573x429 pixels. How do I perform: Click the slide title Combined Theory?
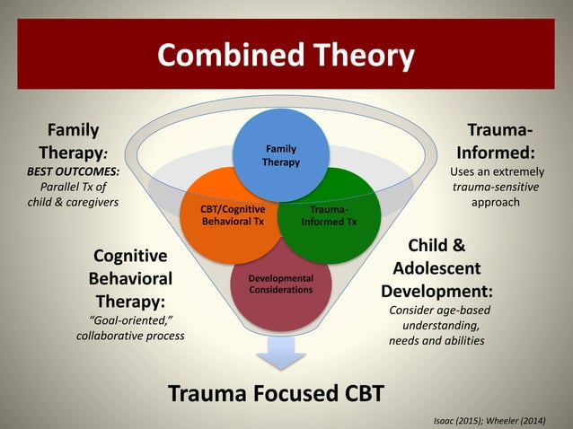pos(286,56)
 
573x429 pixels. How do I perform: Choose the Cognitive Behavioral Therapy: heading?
pos(130,277)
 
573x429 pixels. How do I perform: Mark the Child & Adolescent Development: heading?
pos(436,267)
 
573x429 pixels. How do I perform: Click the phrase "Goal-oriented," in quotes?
pos(130,320)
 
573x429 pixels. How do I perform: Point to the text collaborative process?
pos(130,335)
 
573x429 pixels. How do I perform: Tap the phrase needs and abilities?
pos(436,341)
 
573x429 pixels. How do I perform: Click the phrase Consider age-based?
pos(439,310)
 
